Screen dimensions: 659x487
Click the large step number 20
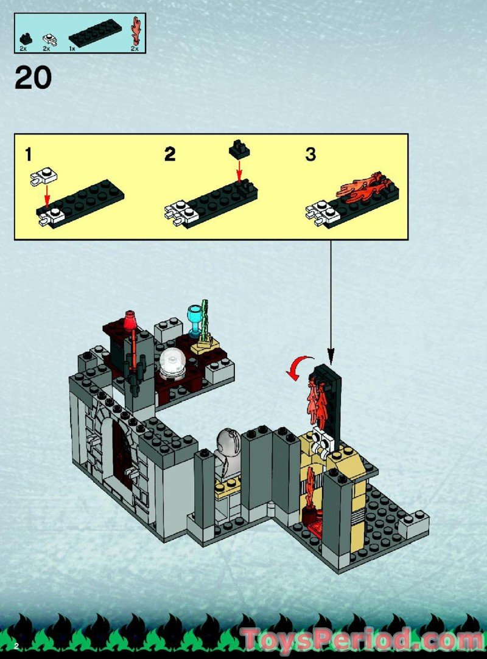(33, 78)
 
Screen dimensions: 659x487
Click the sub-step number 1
(28, 154)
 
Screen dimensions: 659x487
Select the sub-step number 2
(170, 154)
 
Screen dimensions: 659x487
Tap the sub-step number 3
(310, 154)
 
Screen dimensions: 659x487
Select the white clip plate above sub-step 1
(44, 176)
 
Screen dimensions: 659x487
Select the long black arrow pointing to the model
(331, 298)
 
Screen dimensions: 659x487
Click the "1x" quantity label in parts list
(72, 47)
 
